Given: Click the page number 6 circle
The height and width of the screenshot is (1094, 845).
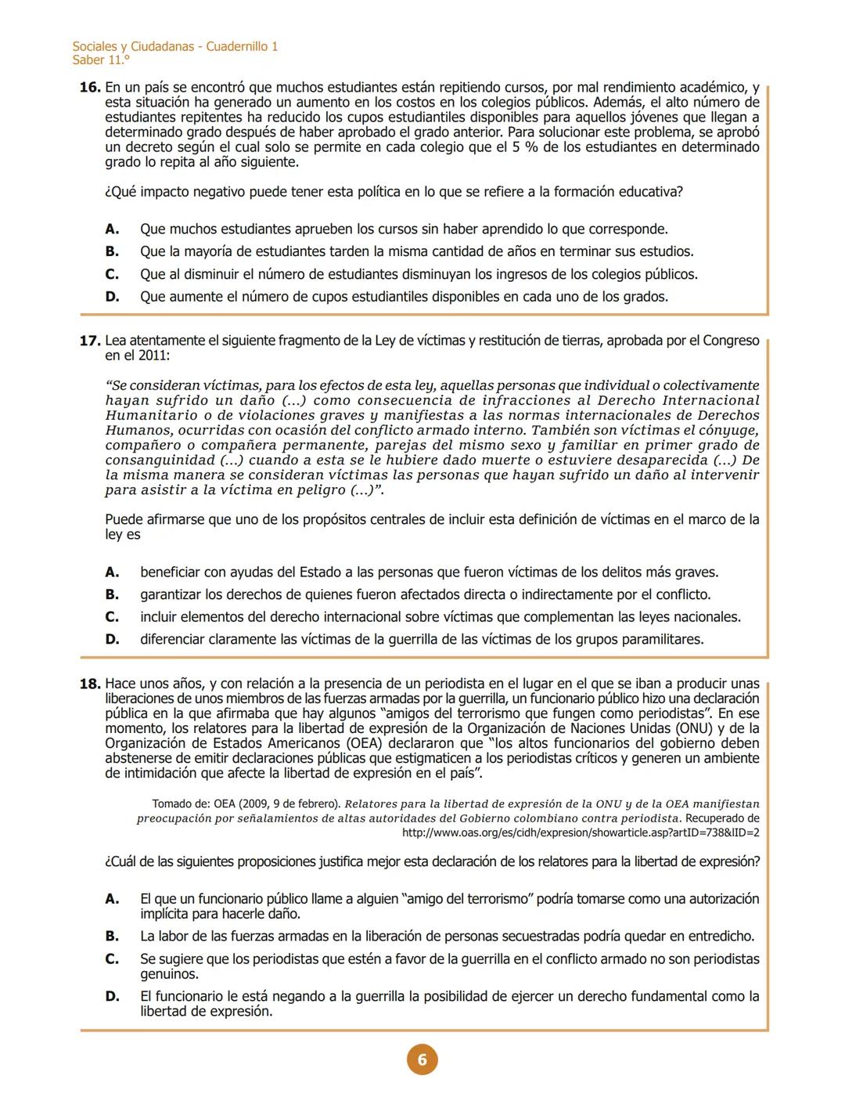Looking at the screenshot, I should pos(422,1060).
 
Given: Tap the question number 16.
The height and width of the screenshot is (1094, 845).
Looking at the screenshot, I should pos(90,88).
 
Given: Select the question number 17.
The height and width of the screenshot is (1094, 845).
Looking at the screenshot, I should pos(90,341).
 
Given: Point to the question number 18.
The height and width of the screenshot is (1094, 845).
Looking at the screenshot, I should pos(90,684).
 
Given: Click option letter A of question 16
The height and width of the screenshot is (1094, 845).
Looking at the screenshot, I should pos(112,229).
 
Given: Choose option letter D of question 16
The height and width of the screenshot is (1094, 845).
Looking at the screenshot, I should pos(112,297).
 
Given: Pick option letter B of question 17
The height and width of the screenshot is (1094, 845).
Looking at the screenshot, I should pos(112,594).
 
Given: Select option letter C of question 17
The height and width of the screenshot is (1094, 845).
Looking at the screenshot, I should pos(112,617).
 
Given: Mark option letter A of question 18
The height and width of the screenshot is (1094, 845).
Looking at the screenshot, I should pos(112,899).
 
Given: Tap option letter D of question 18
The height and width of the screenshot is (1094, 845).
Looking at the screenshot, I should pos(112,997).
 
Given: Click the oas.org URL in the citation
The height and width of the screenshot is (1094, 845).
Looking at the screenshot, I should pos(580,833).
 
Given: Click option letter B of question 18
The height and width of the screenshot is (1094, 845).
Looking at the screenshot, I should pos(112,937).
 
